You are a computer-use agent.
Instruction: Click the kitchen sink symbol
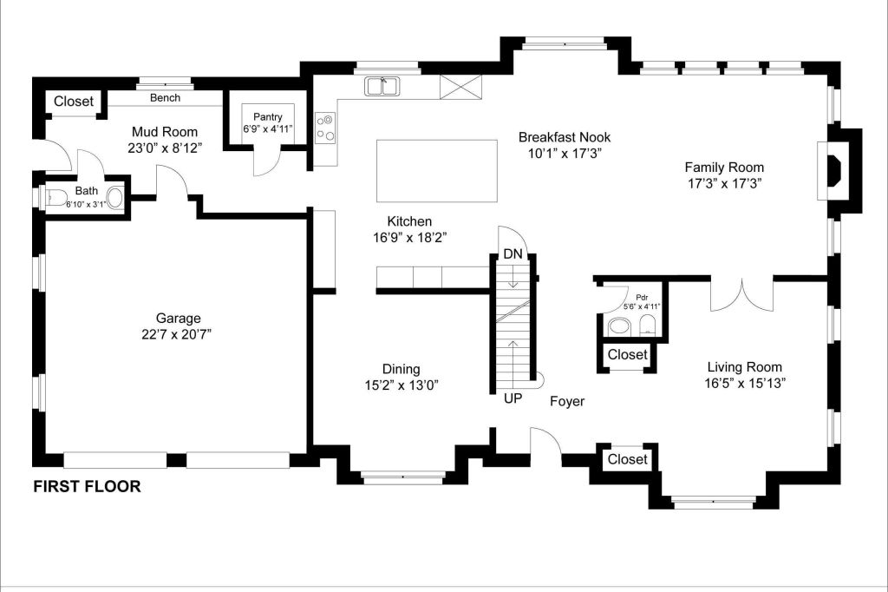coord(382,85)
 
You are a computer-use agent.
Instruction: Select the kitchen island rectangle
coord(436,170)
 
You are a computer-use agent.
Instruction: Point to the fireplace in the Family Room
coord(834,168)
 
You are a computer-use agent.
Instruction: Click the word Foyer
coord(567,401)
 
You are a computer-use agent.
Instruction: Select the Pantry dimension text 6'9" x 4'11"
coord(268,129)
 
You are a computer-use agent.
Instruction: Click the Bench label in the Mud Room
coord(165,98)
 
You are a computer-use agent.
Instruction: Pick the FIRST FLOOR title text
coord(87,487)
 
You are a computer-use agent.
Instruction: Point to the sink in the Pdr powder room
coord(619,326)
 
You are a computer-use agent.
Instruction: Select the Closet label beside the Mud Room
coord(74,102)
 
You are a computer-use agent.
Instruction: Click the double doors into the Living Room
coord(741,295)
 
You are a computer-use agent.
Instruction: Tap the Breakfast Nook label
coord(565,137)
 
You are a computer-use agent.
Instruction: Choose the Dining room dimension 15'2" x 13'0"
coord(408,385)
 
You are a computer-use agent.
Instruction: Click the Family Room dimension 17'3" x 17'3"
coord(724,183)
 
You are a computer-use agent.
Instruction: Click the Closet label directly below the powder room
coord(627,355)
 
